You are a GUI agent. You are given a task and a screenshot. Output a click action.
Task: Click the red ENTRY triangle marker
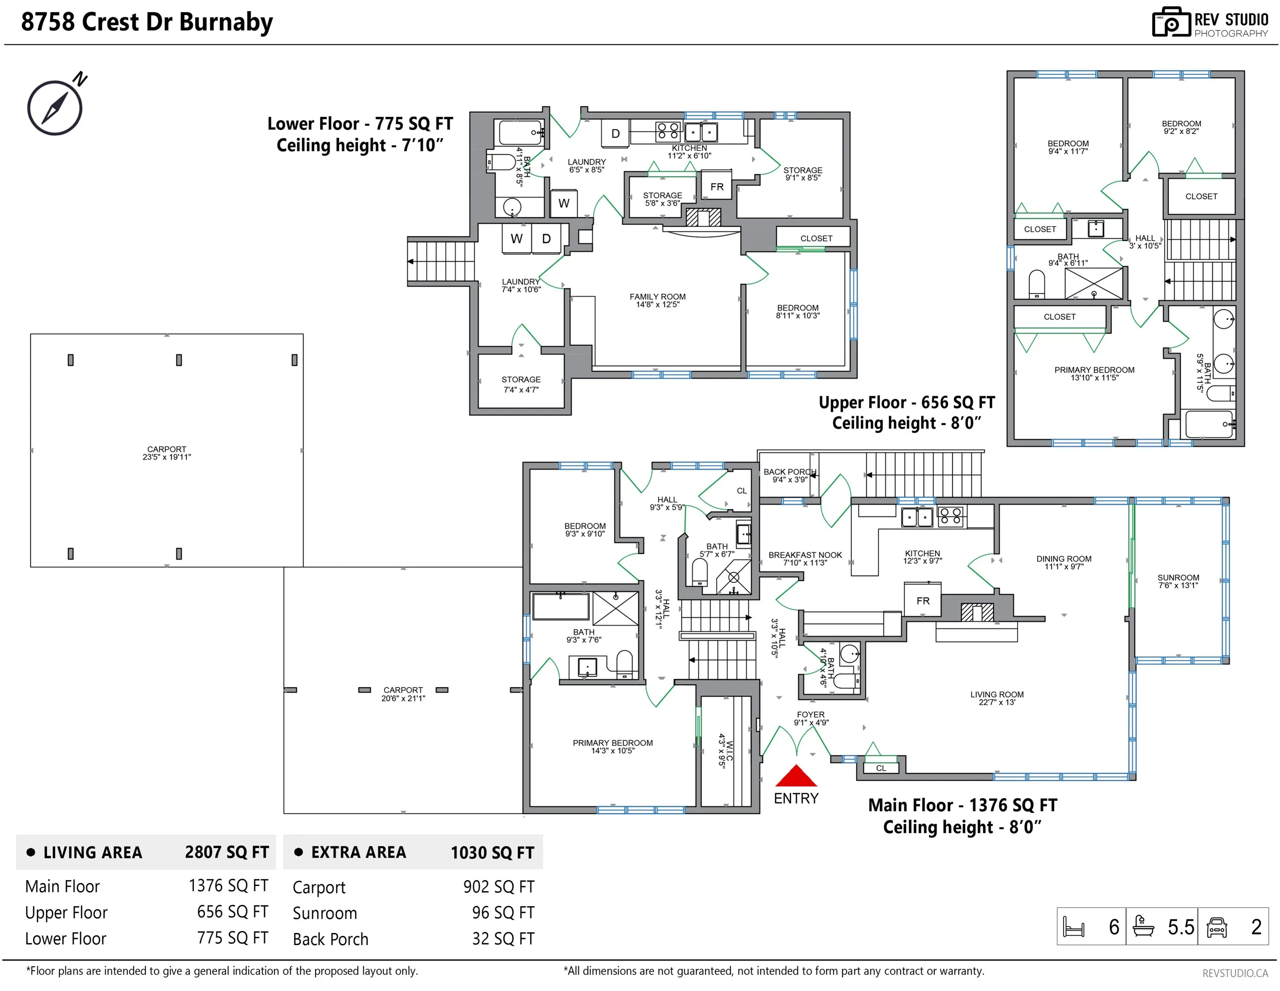796,776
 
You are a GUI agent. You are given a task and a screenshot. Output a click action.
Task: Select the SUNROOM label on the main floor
1178,577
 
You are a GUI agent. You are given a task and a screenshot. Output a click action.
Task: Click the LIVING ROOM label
997,695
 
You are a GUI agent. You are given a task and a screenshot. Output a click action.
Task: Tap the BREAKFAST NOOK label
805,555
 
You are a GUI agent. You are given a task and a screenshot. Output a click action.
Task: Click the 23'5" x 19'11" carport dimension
166,457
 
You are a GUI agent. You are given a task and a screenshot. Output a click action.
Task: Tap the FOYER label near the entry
811,714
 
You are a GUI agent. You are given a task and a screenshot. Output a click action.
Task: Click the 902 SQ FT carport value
499,886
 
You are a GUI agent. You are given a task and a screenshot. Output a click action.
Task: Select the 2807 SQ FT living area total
227,852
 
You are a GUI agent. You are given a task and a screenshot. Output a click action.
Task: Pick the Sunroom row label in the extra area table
325,913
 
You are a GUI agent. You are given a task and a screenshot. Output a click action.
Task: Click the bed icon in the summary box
1074,927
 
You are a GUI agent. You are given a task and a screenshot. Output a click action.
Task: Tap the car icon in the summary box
1217,927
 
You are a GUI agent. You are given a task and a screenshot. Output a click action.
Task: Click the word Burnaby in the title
226,22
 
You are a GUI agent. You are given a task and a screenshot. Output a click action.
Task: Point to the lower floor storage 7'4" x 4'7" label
521,385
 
